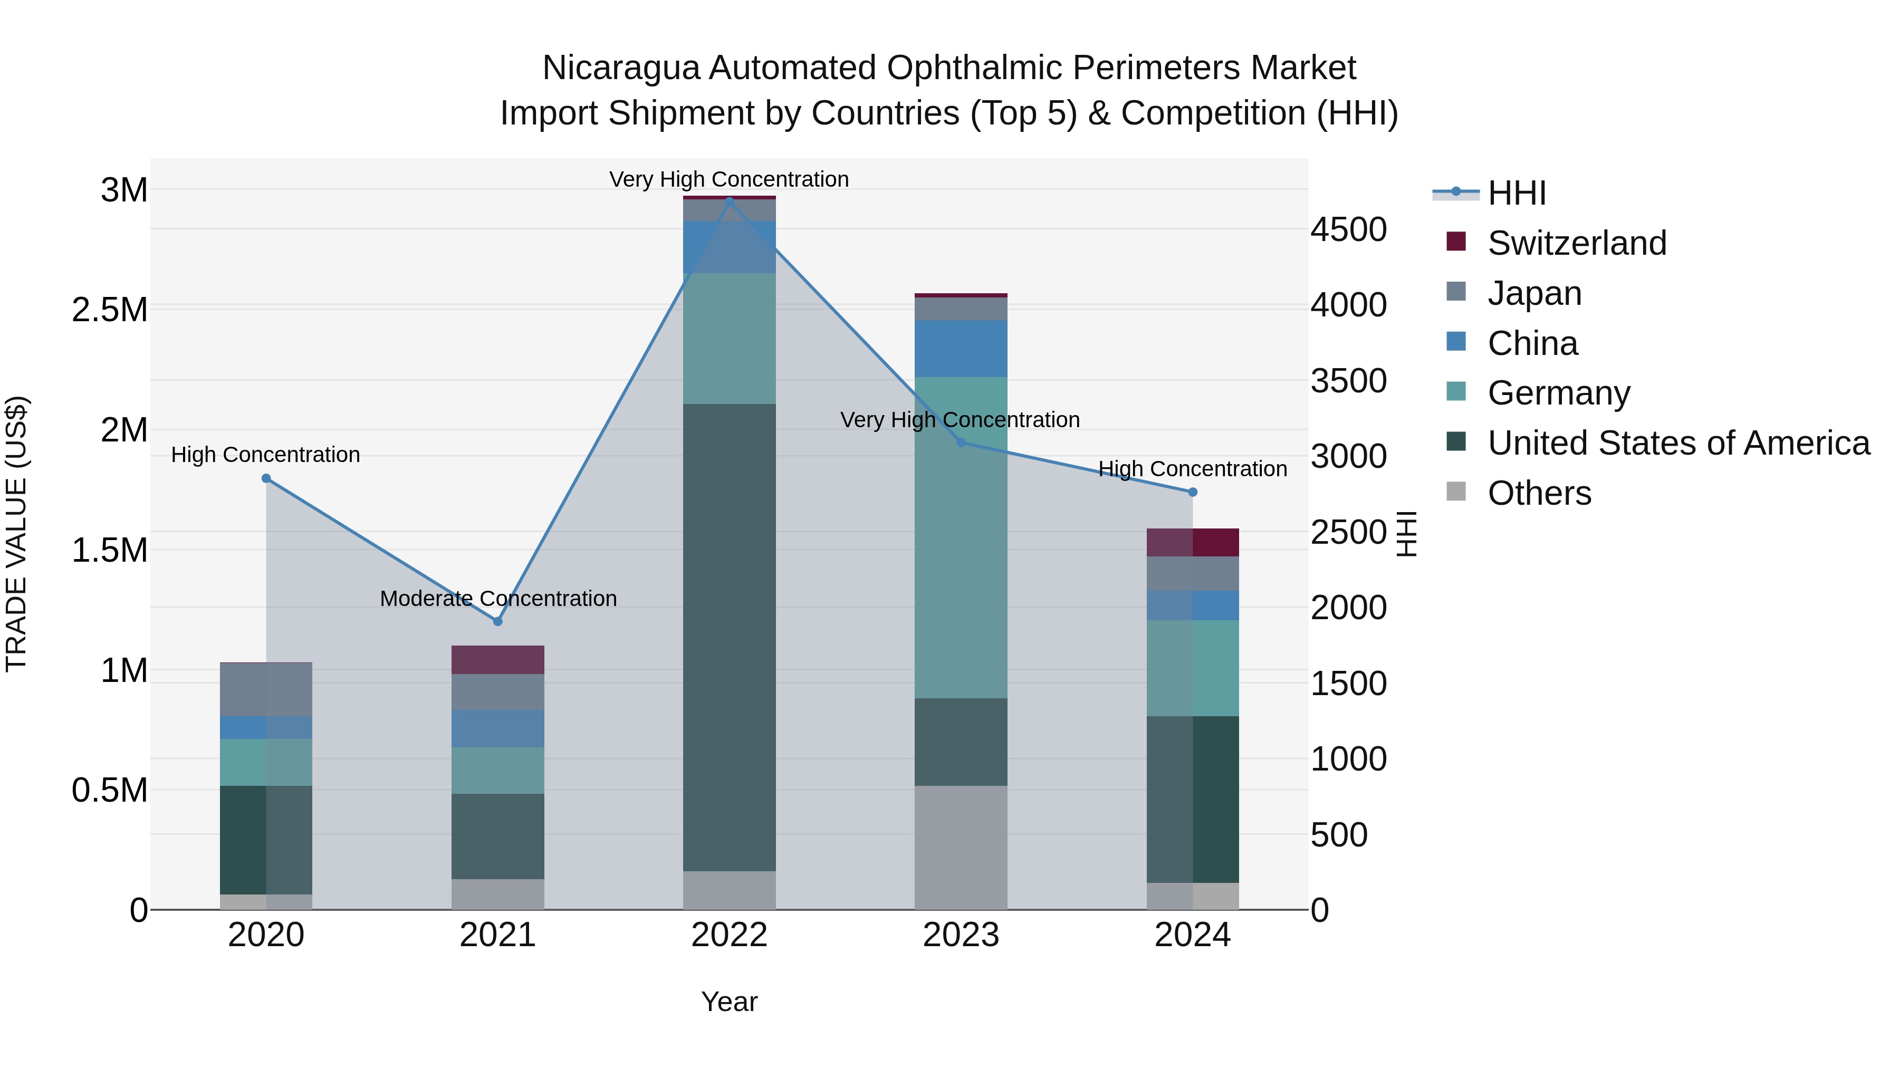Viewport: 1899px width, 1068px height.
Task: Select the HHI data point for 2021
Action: [497, 621]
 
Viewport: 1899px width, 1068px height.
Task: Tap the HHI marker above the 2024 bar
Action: [1193, 492]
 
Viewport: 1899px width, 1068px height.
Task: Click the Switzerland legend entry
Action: [1576, 243]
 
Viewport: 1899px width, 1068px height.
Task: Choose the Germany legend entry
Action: [1558, 393]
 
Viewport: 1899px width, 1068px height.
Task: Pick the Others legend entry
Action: [1539, 493]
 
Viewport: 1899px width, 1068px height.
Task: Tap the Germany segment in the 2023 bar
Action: [961, 538]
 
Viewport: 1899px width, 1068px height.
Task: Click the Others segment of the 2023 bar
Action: [961, 848]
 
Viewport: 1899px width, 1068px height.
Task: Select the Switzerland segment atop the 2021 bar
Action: [497, 660]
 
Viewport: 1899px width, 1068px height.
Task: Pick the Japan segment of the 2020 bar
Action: [266, 690]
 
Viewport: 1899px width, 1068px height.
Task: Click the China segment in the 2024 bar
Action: [1193, 606]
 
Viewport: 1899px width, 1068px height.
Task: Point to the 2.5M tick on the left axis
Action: [110, 310]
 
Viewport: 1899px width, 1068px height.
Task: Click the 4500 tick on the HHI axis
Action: [1348, 230]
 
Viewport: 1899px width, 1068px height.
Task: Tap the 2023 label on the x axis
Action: [961, 935]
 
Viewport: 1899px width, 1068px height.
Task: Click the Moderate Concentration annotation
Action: [498, 599]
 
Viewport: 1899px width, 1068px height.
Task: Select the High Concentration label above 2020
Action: [265, 455]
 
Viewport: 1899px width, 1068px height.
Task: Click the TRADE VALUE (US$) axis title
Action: [16, 534]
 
